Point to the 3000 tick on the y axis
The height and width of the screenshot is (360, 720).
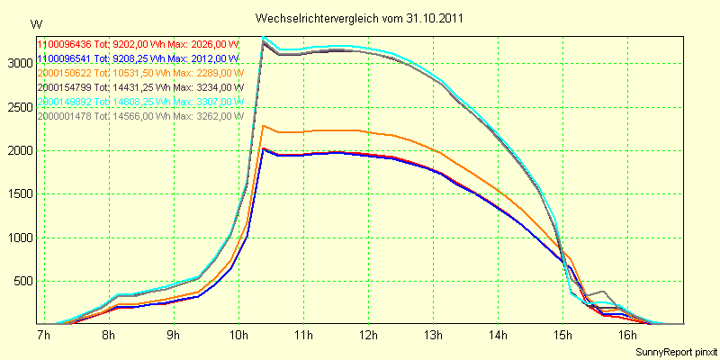pyautogui.click(x=17, y=64)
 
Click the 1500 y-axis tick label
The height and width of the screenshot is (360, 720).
pyautogui.click(x=17, y=194)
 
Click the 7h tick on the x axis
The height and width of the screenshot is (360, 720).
pyautogui.click(x=43, y=336)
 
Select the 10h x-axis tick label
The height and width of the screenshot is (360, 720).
pyautogui.click(x=238, y=336)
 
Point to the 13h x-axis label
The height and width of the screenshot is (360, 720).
pyautogui.click(x=433, y=336)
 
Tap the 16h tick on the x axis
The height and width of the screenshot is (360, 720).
pyautogui.click(x=627, y=336)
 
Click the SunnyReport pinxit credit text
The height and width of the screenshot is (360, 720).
pyautogui.click(x=676, y=350)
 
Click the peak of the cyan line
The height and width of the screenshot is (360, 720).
pyautogui.click(x=263, y=37)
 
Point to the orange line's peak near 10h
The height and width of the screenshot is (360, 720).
pyautogui.click(x=263, y=125)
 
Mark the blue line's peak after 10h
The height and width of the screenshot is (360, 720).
pyautogui.click(x=263, y=148)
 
